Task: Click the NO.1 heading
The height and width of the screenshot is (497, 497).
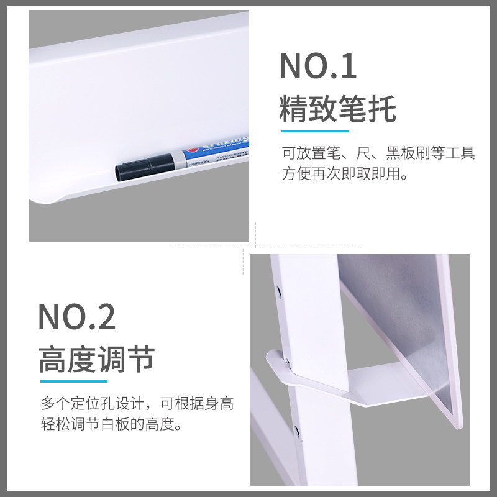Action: pyautogui.click(x=319, y=66)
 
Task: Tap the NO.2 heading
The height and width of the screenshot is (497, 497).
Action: pyautogui.click(x=77, y=316)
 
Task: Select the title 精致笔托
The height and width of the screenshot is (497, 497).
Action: pyautogui.click(x=337, y=109)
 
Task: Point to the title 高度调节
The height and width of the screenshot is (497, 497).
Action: pyautogui.click(x=96, y=359)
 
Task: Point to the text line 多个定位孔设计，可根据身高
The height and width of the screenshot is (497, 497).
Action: pyautogui.click(x=138, y=404)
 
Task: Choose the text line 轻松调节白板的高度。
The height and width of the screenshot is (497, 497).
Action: pyautogui.click(x=111, y=426)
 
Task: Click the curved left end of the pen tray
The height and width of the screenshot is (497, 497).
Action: pyautogui.click(x=47, y=199)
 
